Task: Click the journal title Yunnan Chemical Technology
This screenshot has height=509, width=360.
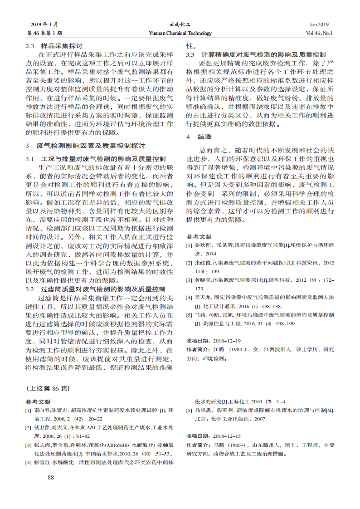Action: pos(180,33)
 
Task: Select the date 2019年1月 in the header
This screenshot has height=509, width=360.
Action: pos(44,24)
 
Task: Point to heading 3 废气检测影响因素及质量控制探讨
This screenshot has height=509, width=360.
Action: pos(86,146)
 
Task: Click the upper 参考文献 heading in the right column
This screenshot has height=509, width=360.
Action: pos(199,237)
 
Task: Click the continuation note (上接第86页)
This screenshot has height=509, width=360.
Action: pos(48,388)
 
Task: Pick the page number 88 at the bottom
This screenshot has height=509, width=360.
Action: pos(51,478)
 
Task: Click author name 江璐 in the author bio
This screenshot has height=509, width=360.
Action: pos(219,349)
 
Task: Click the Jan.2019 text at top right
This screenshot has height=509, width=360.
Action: pos(319,24)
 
